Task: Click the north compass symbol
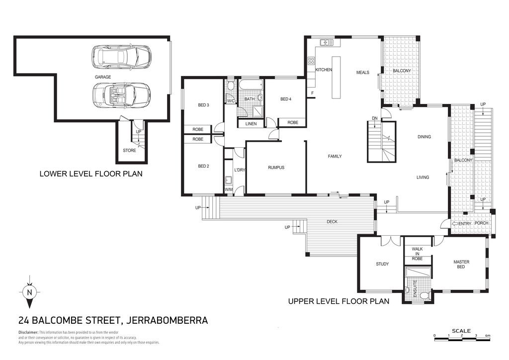pyautogui.click(x=29, y=292)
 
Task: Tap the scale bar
pyautogui.click(x=462, y=339)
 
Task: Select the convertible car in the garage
pyautogui.click(x=121, y=95)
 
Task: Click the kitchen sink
pyautogui.click(x=327, y=42)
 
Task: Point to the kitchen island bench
pyautogui.click(x=336, y=78)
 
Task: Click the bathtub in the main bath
pyautogui.click(x=251, y=86)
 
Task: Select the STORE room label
pyautogui.click(x=129, y=150)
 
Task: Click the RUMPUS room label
pyautogui.click(x=276, y=168)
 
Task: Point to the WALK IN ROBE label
pyautogui.click(x=417, y=254)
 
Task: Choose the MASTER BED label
pyautogui.click(x=461, y=264)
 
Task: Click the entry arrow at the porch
pyautogui.click(x=455, y=224)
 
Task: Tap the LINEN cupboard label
pyautogui.click(x=251, y=124)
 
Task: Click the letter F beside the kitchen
pyautogui.click(x=313, y=93)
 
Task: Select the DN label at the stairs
pyautogui.click(x=375, y=118)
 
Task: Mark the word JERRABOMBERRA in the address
pyautogui.click(x=167, y=320)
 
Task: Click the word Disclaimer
pyautogui.click(x=28, y=333)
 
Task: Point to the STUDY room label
pyautogui.click(x=382, y=264)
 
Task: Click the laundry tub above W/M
pyautogui.click(x=229, y=180)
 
